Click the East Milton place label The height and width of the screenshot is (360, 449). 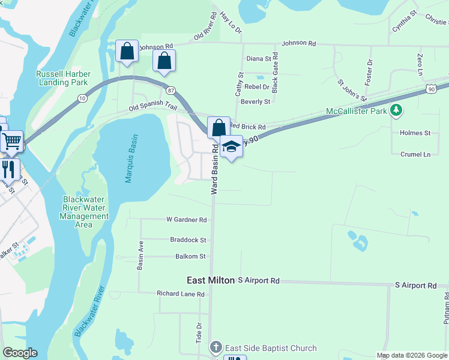(210, 280)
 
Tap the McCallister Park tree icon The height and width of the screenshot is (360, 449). (396, 111)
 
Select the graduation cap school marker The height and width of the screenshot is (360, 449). (231, 146)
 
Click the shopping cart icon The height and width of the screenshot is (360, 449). (11, 142)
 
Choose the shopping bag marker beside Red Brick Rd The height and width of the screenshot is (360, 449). (218, 127)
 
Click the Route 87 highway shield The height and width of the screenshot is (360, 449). (172, 89)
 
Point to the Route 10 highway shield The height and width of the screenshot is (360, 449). (82, 97)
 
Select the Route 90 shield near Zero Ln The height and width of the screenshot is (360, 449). (432, 88)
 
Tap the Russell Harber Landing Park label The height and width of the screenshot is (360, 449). (62, 78)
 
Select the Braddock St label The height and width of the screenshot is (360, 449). (187, 240)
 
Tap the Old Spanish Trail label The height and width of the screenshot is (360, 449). (153, 109)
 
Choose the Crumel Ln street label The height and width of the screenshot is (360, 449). (415, 154)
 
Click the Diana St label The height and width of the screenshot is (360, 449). (259, 59)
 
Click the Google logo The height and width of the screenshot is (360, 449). (20, 353)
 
